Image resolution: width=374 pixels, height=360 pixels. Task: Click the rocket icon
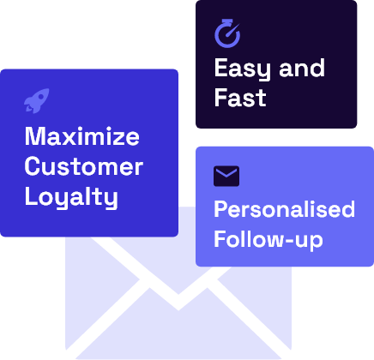36,101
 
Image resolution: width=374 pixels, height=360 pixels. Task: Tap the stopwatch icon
227,33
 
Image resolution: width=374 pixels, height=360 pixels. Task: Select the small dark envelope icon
226,176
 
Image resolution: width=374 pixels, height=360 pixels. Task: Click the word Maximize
82,136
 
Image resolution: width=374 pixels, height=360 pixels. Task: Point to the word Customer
84,166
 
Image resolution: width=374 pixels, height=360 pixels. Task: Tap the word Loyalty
71,197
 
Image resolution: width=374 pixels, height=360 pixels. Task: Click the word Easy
242,69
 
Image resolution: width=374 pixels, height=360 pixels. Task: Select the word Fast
240,98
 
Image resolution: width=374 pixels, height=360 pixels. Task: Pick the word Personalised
285,209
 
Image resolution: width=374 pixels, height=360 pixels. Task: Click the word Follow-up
268,240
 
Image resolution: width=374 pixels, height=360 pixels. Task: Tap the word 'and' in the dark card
302,68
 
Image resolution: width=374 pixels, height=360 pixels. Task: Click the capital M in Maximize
34,136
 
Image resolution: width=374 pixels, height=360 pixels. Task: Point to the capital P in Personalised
221,209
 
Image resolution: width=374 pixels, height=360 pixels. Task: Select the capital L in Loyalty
31,196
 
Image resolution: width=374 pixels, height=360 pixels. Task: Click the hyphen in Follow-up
286,240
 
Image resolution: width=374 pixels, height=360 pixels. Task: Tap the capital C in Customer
33,166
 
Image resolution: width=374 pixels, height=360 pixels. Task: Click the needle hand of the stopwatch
232,31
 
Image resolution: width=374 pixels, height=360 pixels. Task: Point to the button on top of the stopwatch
227,21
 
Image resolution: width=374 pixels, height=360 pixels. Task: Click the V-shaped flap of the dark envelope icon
226,172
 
